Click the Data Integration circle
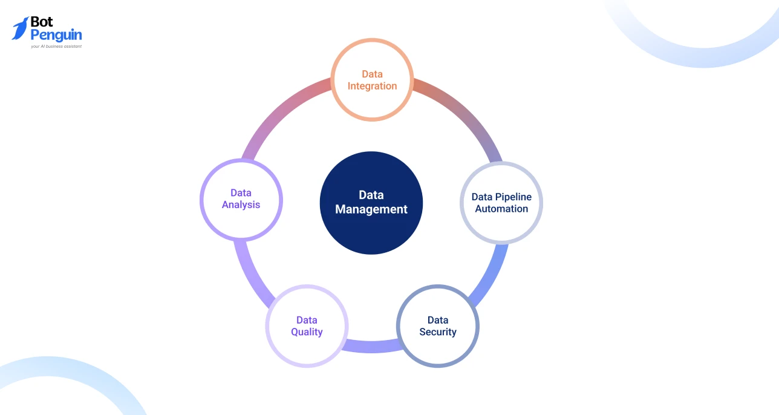[x=372, y=80]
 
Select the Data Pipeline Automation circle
[x=501, y=203]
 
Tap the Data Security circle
[x=438, y=326]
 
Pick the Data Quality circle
[x=307, y=326]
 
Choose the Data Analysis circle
[x=241, y=199]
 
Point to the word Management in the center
[x=371, y=210]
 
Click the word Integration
[x=372, y=86]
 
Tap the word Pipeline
[x=512, y=197]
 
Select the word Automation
[x=501, y=209]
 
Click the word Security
[x=438, y=332]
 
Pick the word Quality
[x=307, y=332]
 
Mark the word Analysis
[x=241, y=205]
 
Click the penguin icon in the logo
[x=21, y=28]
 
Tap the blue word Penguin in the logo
[x=56, y=35]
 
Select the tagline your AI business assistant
[x=56, y=46]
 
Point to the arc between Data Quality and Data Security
[x=372, y=346]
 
